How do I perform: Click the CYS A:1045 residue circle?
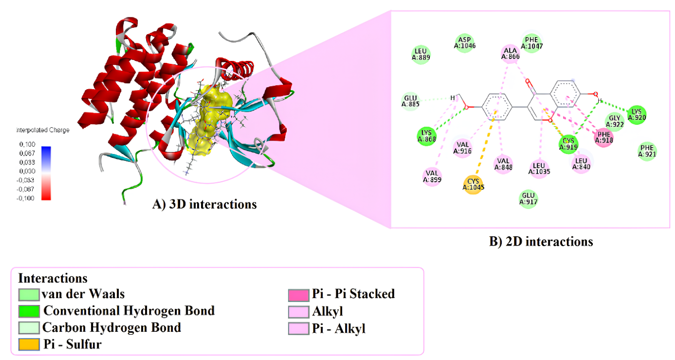click(473, 184)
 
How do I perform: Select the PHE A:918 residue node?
click(604, 137)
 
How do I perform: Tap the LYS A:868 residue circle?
click(426, 136)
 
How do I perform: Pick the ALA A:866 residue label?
click(510, 53)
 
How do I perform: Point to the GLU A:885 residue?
click(411, 101)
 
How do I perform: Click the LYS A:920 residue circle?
click(637, 115)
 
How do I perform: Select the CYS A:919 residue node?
click(569, 144)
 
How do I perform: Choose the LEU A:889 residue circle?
click(420, 54)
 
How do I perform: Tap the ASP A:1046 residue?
click(465, 43)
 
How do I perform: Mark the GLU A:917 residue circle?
click(528, 199)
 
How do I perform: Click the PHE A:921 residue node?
click(647, 151)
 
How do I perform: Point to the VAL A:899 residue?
click(432, 177)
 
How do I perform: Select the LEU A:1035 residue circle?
click(539, 169)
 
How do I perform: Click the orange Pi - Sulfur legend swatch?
click(29, 344)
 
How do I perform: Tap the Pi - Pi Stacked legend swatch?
click(299, 295)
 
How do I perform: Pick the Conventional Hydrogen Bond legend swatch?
click(29, 311)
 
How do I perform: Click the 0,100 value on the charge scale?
click(27, 144)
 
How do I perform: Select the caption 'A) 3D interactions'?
click(205, 204)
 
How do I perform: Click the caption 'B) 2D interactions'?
click(541, 242)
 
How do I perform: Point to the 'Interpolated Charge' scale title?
click(43, 130)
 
